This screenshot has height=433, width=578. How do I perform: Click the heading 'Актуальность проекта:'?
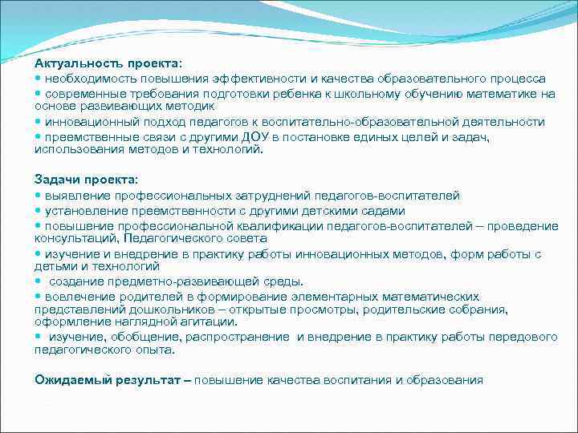(108, 63)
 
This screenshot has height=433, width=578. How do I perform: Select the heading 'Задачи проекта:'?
(86, 179)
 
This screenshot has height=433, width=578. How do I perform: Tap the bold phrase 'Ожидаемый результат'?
(108, 379)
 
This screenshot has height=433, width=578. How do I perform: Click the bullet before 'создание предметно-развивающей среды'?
(38, 281)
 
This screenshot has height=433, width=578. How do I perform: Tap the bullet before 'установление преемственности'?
(38, 210)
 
